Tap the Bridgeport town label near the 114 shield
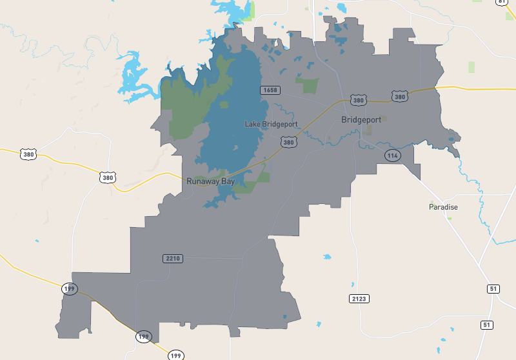(361, 119)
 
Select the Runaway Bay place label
(210, 182)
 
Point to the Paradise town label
(443, 207)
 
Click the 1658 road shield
(270, 90)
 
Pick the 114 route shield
(392, 155)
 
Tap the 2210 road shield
(173, 259)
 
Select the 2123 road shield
(359, 299)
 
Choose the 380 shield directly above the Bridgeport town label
(359, 100)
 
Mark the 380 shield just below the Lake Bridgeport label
(288, 141)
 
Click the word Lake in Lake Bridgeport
(253, 124)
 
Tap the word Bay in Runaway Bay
(228, 182)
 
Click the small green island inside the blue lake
(224, 104)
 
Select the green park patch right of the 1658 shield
(308, 85)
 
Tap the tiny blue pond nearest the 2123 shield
(353, 285)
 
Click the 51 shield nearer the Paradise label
(493, 289)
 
